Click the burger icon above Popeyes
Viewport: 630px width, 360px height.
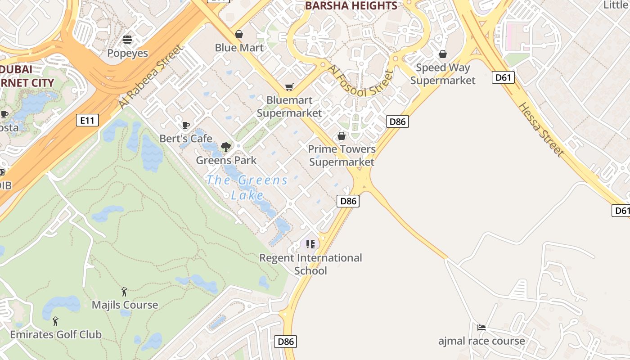[x=127, y=40]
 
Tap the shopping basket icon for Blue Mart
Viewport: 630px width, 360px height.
[x=239, y=34]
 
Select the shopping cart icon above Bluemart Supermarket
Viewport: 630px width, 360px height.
[x=289, y=87]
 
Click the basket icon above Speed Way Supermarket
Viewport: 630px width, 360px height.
[x=443, y=54]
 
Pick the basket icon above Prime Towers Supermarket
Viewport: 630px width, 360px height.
[x=342, y=136]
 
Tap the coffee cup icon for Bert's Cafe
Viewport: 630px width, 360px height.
[x=185, y=125]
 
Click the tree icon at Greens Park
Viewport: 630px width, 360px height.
[x=226, y=147]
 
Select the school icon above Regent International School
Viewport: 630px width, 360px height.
[x=310, y=244]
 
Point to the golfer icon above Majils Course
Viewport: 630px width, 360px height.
[x=125, y=292]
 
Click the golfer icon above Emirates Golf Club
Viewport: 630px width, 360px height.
[x=56, y=321]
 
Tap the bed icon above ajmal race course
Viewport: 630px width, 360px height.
[x=481, y=328]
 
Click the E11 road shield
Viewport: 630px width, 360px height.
[x=87, y=120]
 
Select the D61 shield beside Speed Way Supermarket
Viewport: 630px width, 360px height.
[x=503, y=77]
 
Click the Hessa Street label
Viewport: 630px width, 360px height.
[x=541, y=130]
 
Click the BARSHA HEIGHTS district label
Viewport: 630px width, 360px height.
[x=351, y=6]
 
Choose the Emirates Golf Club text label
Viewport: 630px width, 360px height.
[x=56, y=335]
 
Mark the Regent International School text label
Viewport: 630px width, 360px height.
[x=310, y=264]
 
